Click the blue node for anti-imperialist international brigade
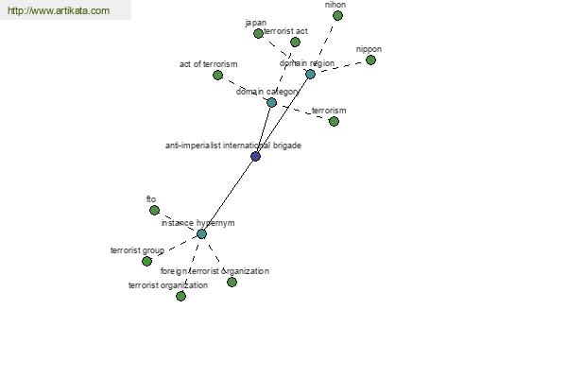256,157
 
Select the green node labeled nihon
337,16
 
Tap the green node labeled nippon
370,60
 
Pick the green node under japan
258,34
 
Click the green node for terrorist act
295,43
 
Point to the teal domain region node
310,75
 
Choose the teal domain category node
271,103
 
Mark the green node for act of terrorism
217,76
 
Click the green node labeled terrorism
334,122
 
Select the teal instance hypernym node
202,234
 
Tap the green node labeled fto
154,210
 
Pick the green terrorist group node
146,261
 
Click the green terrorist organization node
180,296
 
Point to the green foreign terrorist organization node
232,283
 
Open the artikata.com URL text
59,10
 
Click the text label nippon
369,49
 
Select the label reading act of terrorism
208,64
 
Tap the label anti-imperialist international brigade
233,146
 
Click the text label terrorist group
137,250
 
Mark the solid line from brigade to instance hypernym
229,196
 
